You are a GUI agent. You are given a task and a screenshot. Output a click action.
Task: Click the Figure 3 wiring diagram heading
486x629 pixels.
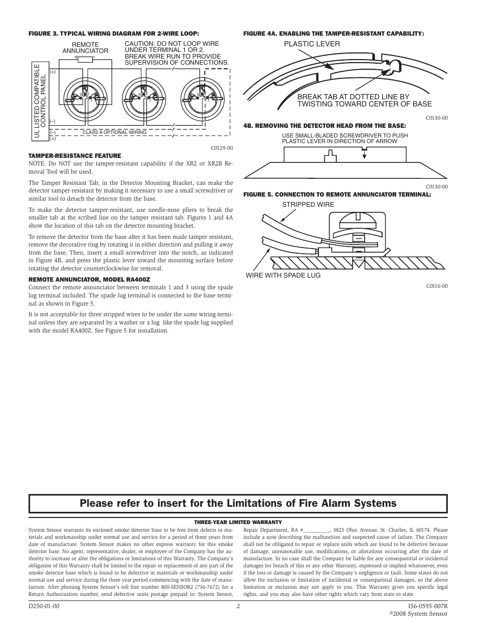coord(113,34)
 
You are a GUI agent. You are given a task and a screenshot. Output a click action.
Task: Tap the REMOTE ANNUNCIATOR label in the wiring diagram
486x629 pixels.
coord(85,48)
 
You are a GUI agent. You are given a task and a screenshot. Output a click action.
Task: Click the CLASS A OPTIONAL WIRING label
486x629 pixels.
coord(114,132)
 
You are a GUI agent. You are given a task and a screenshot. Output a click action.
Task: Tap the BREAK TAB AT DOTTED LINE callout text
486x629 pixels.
coord(364,100)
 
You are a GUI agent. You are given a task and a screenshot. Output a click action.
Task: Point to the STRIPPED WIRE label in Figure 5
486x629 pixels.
coord(308,205)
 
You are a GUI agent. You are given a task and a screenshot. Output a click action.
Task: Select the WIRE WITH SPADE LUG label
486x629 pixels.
coord(283,276)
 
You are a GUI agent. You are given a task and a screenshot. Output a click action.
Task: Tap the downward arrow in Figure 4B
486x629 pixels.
coord(364,154)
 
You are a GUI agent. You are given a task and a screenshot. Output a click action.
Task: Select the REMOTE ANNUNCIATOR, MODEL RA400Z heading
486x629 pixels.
coord(89,279)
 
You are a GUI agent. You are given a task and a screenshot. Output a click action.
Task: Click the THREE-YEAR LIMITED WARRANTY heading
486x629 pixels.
coord(238,522)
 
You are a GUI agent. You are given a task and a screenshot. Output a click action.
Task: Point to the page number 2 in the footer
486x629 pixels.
coord(238,606)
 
